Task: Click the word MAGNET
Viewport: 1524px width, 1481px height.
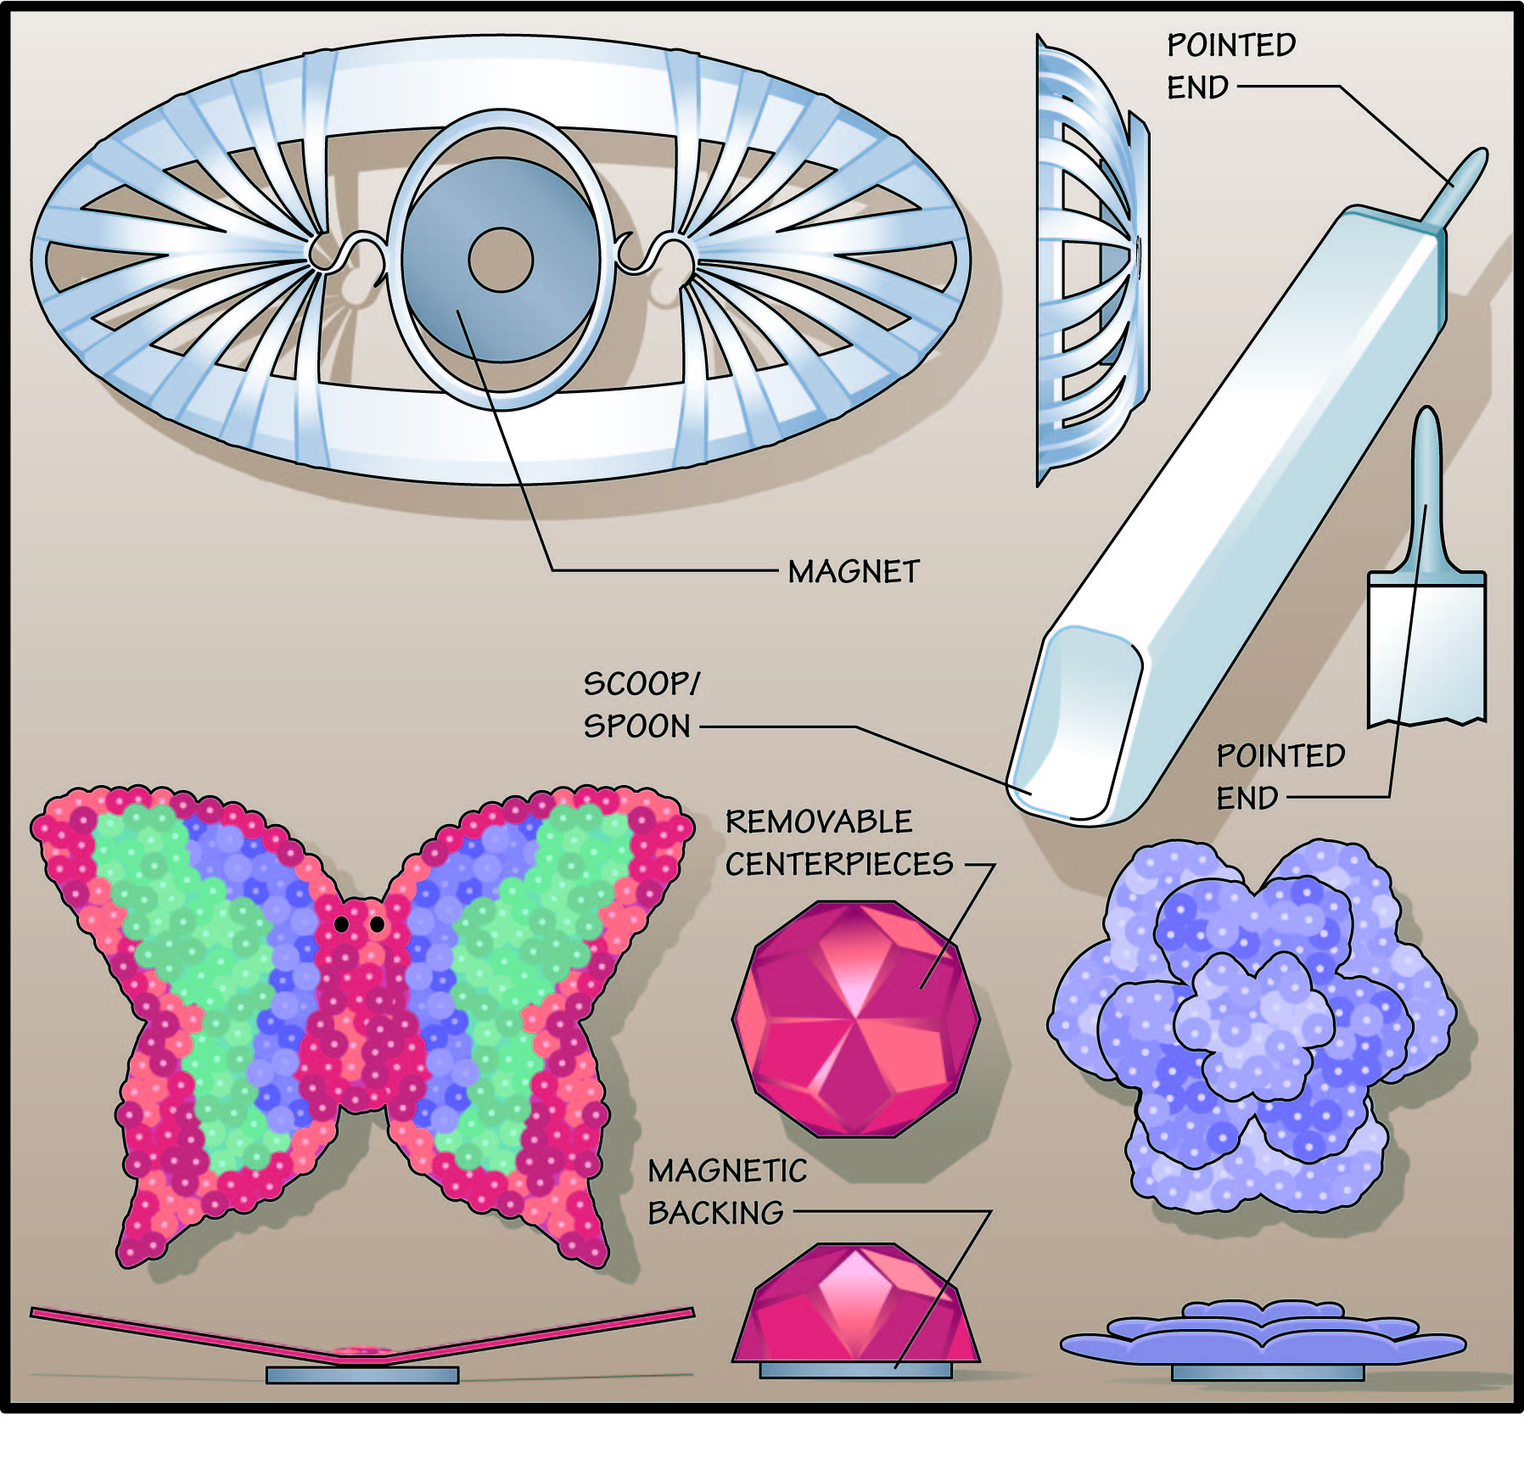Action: pyautogui.click(x=853, y=571)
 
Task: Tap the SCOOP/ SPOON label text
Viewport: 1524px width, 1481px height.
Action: pyautogui.click(x=641, y=705)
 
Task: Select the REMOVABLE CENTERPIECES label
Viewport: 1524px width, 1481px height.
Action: pyautogui.click(x=838, y=843)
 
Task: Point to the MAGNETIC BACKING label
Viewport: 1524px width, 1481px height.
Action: pyautogui.click(x=726, y=1192)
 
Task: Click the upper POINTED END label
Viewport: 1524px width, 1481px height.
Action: pyautogui.click(x=1230, y=66)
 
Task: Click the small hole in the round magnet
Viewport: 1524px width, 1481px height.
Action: pyautogui.click(x=500, y=259)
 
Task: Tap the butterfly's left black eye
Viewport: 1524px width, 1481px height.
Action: pyautogui.click(x=341, y=924)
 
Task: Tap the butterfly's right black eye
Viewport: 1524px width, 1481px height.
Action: pyautogui.click(x=377, y=924)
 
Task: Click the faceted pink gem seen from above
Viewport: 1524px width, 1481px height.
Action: pyautogui.click(x=855, y=1018)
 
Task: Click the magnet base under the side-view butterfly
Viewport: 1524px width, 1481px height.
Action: pyautogui.click(x=362, y=1374)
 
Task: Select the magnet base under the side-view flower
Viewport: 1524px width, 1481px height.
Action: pyautogui.click(x=1268, y=1372)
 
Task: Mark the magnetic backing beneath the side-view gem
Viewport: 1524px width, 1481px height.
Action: pyautogui.click(x=855, y=1370)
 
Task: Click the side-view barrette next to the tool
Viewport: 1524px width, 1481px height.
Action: pyautogui.click(x=1090, y=259)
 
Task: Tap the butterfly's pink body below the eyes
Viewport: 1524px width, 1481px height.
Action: pyautogui.click(x=361, y=1018)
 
